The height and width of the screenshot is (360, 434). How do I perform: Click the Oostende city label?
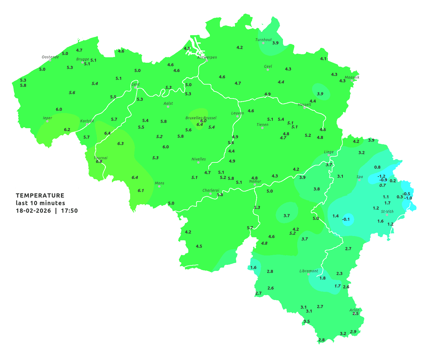tap(50, 57)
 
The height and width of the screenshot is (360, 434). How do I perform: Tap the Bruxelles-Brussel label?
tap(201, 118)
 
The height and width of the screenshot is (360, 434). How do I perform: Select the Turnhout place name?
tap(264, 40)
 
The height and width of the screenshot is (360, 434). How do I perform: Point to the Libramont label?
tap(308, 271)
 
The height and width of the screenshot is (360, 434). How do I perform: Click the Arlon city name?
tap(354, 310)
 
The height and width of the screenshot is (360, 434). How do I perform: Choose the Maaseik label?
tap(352, 77)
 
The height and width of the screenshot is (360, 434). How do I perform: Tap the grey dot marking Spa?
tap(359, 180)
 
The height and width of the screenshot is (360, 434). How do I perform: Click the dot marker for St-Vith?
tap(387, 215)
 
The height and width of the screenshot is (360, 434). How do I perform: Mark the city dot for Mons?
tap(159, 186)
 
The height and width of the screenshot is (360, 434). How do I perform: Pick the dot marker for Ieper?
tap(47, 121)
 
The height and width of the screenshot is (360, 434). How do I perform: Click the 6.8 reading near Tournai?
tap(99, 162)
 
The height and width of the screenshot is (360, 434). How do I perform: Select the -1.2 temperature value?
tap(381, 176)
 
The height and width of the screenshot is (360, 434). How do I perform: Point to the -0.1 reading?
tap(346, 219)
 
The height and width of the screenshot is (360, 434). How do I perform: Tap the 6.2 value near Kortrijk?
tap(67, 130)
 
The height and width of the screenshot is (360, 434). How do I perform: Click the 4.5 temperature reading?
tap(199, 246)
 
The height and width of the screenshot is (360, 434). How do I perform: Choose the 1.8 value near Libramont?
tap(322, 278)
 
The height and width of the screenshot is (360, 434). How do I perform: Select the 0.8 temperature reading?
tap(377, 167)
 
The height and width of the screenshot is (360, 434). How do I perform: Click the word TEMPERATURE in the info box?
tap(40, 195)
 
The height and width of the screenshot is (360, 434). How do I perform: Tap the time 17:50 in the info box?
tap(69, 211)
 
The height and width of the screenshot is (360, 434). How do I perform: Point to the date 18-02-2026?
tap(33, 211)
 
